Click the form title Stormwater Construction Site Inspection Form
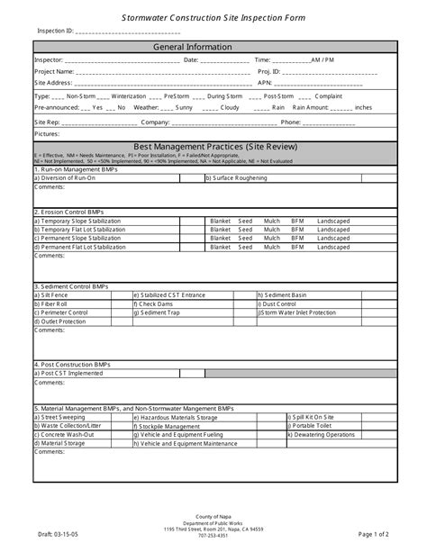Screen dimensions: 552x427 coord(214,17)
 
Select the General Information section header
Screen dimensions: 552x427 coord(214,46)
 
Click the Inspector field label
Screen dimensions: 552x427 coord(49,59)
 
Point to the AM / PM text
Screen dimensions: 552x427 coord(322,59)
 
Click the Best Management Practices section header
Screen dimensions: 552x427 coord(214,146)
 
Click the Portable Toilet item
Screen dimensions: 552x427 coord(313,426)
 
